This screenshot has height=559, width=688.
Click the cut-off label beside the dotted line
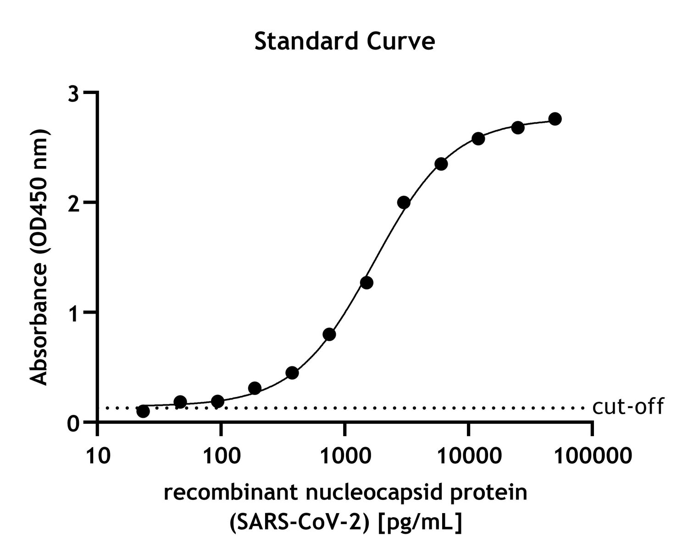(x=627, y=407)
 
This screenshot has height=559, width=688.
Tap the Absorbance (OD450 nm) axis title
(x=39, y=257)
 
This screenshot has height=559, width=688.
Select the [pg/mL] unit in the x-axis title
(x=419, y=522)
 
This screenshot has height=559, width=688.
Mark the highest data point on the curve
(x=555, y=119)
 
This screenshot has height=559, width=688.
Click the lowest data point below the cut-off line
(x=143, y=411)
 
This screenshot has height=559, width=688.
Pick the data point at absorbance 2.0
(x=404, y=202)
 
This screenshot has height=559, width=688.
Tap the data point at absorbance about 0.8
(x=329, y=334)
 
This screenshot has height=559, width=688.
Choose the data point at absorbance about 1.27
(x=366, y=282)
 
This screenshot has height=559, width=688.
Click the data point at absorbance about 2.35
(x=441, y=164)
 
